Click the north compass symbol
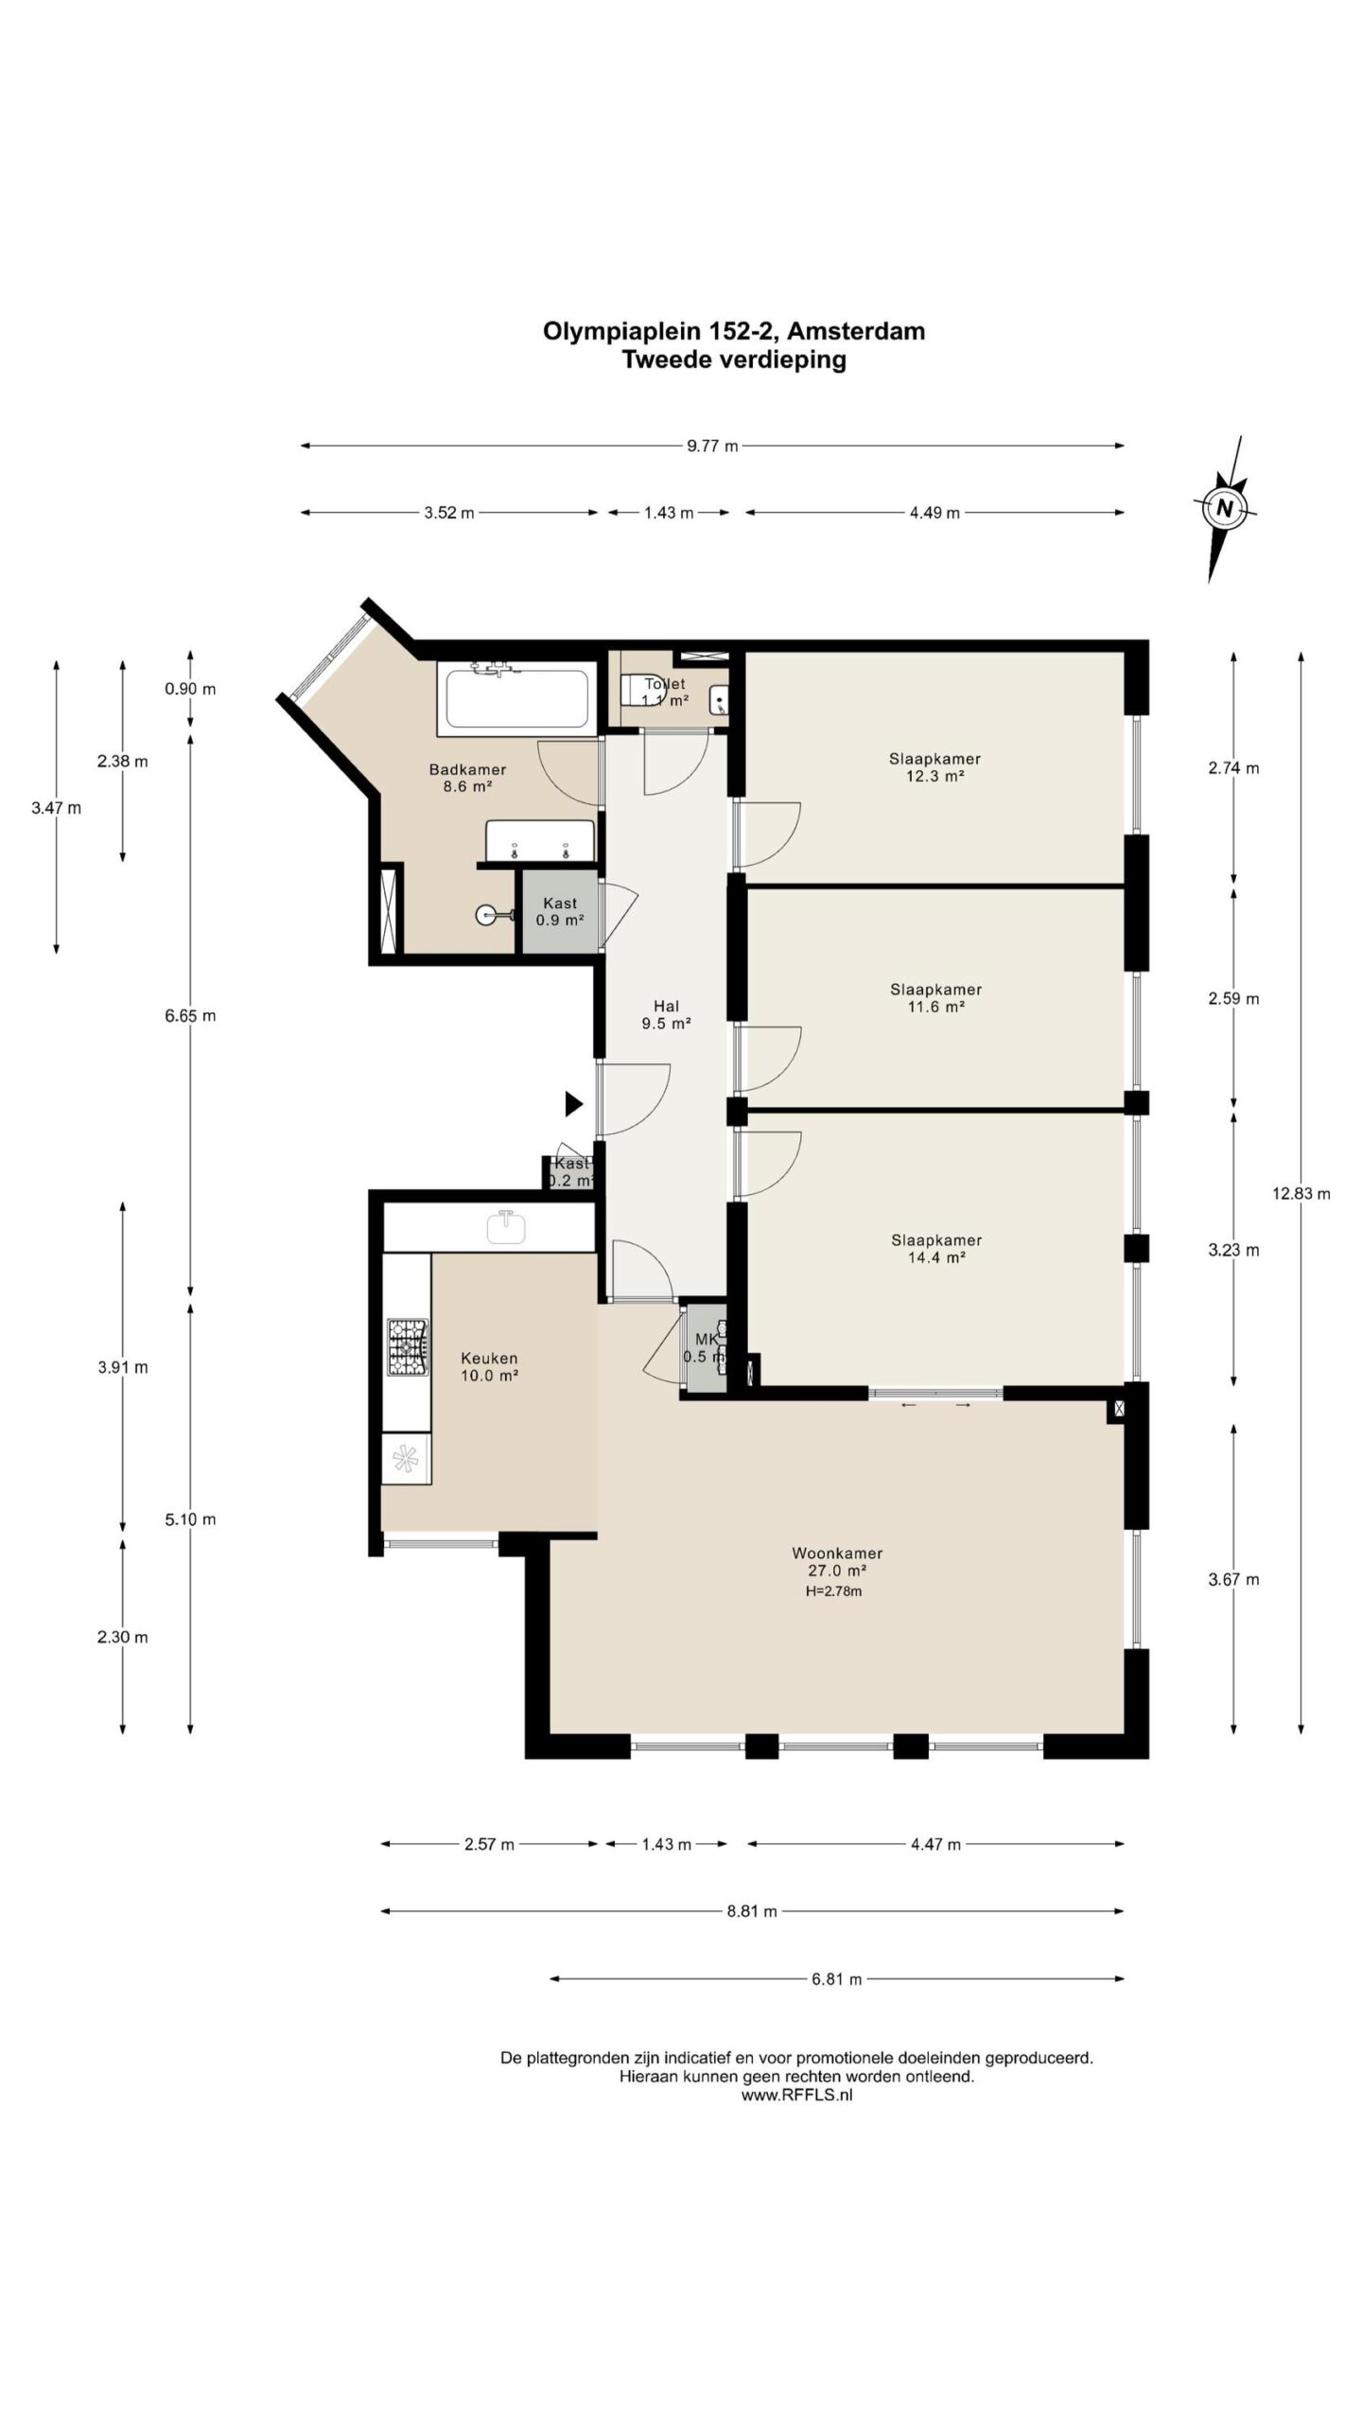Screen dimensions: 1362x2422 click(x=1225, y=508)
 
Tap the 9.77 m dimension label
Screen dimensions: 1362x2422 click(x=712, y=447)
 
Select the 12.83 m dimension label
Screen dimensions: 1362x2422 click(x=1301, y=1194)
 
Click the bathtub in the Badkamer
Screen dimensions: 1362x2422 click(x=515, y=698)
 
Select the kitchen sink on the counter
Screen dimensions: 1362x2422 click(x=506, y=1227)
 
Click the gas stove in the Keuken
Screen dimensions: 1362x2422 click(x=407, y=1347)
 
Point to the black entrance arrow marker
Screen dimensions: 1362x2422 click(x=573, y=1103)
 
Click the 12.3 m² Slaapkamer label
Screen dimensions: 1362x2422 click(x=934, y=767)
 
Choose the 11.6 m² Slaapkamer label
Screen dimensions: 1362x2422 click(x=935, y=998)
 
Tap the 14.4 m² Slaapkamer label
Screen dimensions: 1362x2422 click(x=936, y=1249)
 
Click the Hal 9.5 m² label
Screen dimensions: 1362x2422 click(x=666, y=1014)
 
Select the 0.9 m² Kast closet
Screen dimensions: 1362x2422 click(x=561, y=911)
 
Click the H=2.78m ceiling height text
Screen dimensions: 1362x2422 click(x=833, y=1591)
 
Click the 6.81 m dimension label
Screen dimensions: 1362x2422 click(x=837, y=1979)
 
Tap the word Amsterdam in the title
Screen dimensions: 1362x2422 click(x=856, y=331)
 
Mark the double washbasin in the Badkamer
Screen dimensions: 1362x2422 click(x=540, y=840)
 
